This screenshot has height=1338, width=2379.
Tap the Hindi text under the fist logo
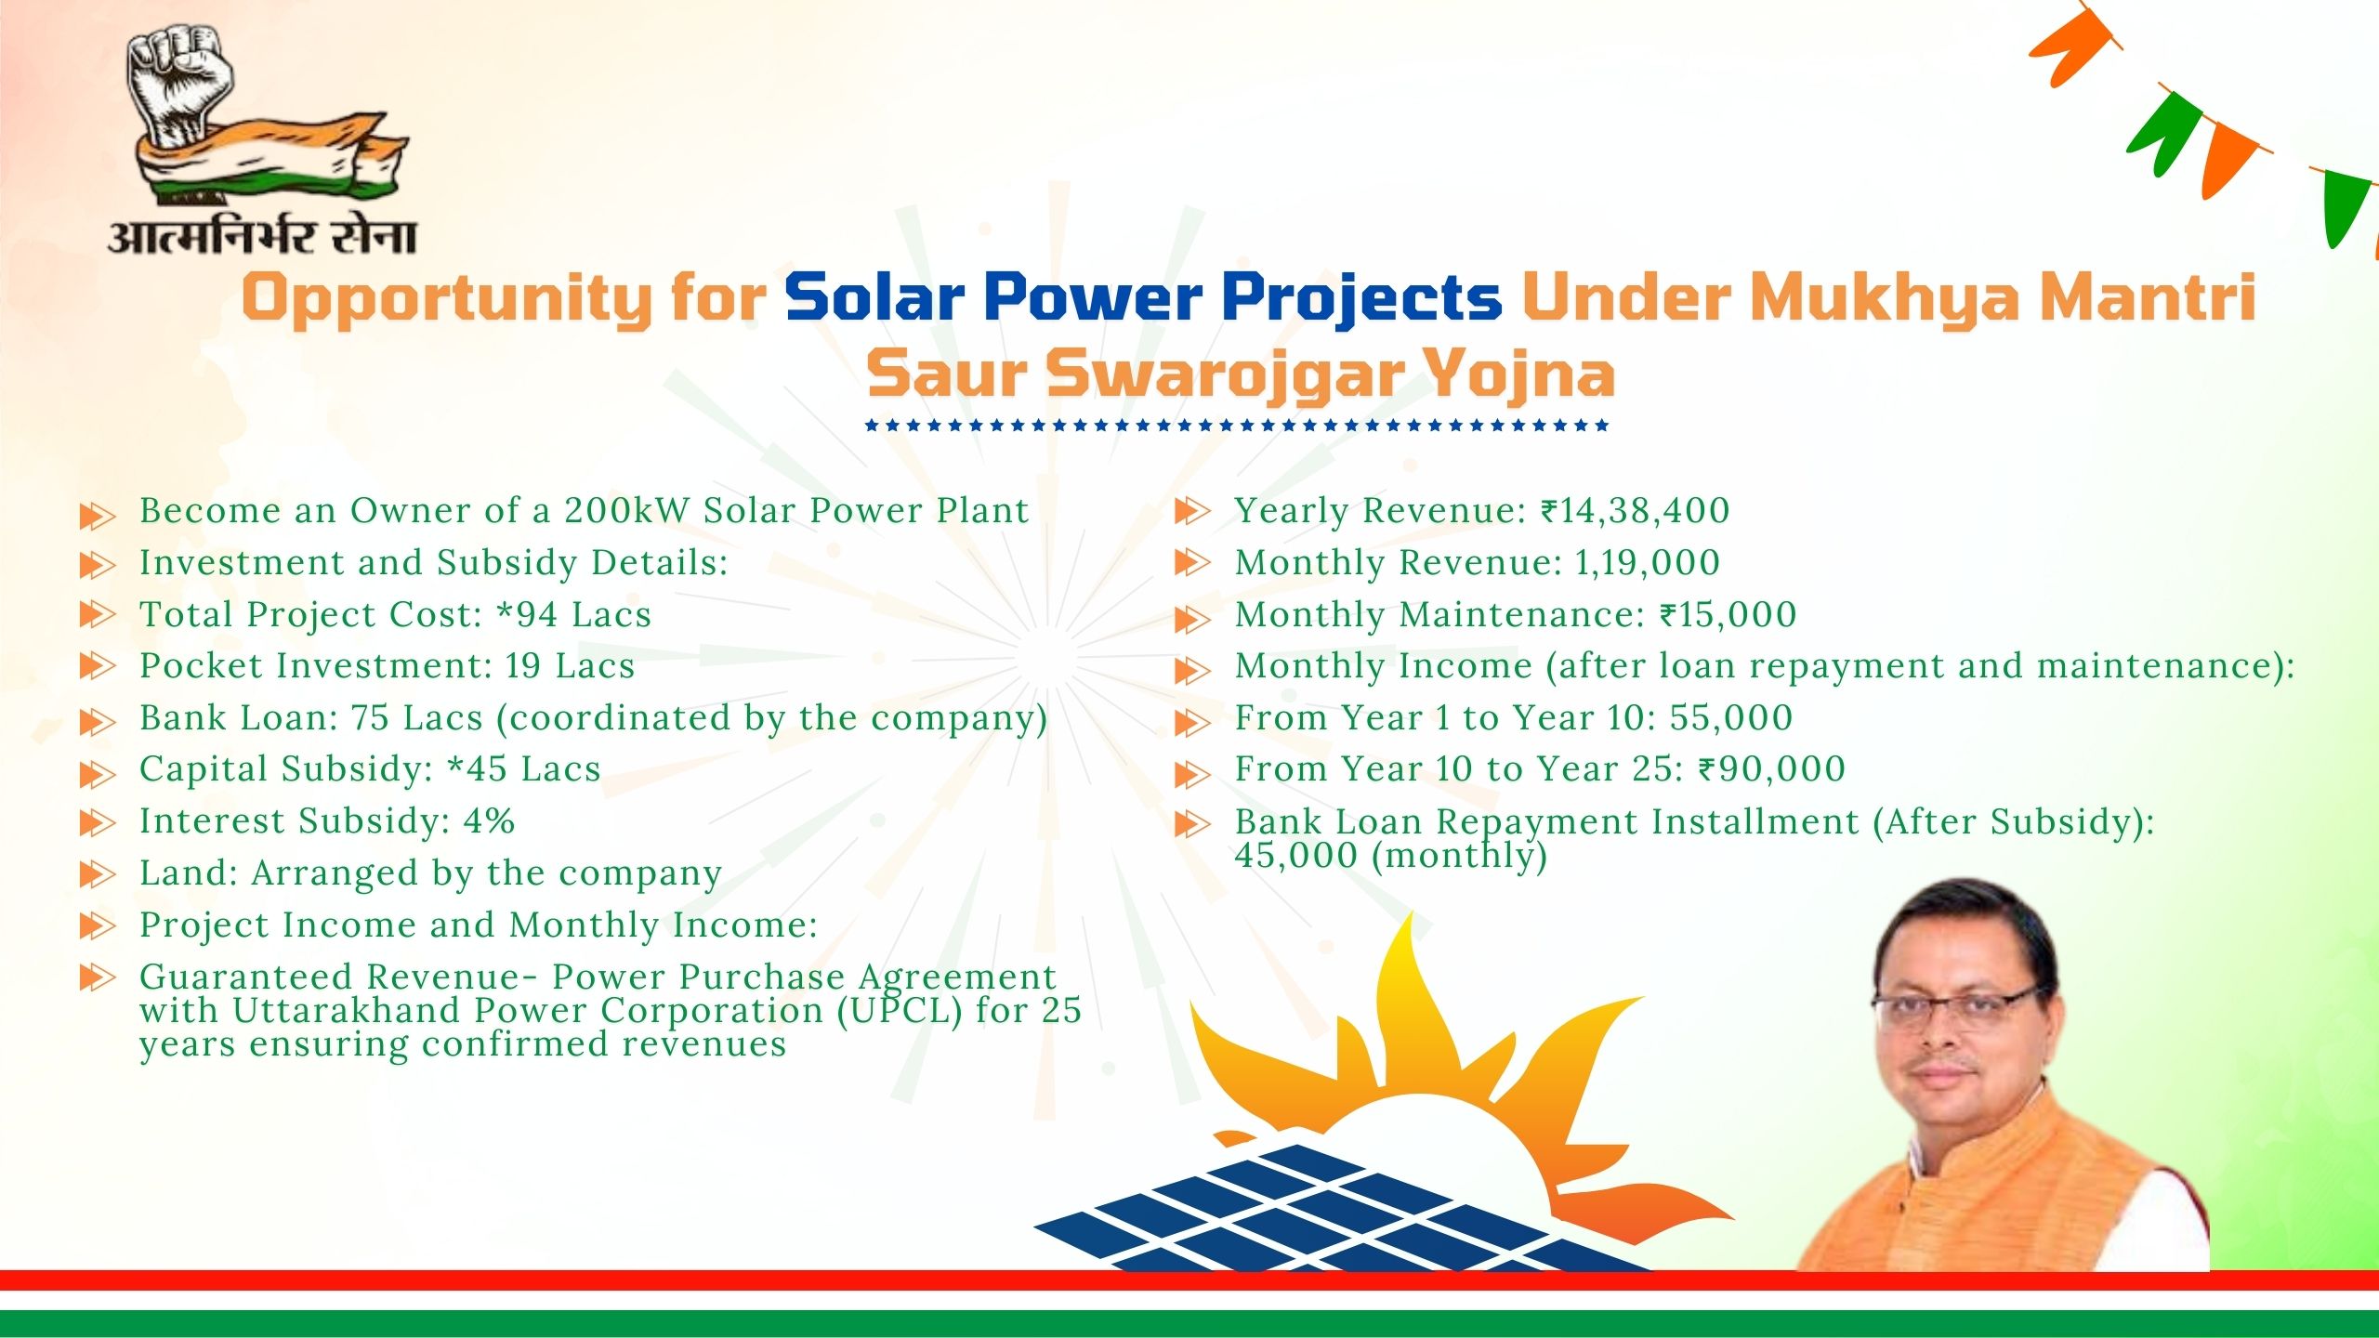point(262,237)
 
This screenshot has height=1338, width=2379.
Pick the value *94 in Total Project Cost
point(527,614)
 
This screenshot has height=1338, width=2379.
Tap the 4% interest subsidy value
point(489,821)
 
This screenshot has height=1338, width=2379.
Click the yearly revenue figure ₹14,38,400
point(1635,511)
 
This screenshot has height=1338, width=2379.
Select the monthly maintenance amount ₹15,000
point(1728,615)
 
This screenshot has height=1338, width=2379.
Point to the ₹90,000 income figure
point(1771,769)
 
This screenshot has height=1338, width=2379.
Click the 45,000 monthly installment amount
point(1296,856)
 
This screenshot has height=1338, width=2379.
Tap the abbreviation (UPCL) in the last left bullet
point(899,1011)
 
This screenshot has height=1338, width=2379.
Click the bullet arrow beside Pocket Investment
point(98,667)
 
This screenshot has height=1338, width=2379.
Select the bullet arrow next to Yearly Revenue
point(1193,511)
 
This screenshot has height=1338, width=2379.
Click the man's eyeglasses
point(1956,1007)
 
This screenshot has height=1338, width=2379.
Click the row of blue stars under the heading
point(1236,426)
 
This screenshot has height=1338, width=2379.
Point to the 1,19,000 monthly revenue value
point(1647,563)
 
